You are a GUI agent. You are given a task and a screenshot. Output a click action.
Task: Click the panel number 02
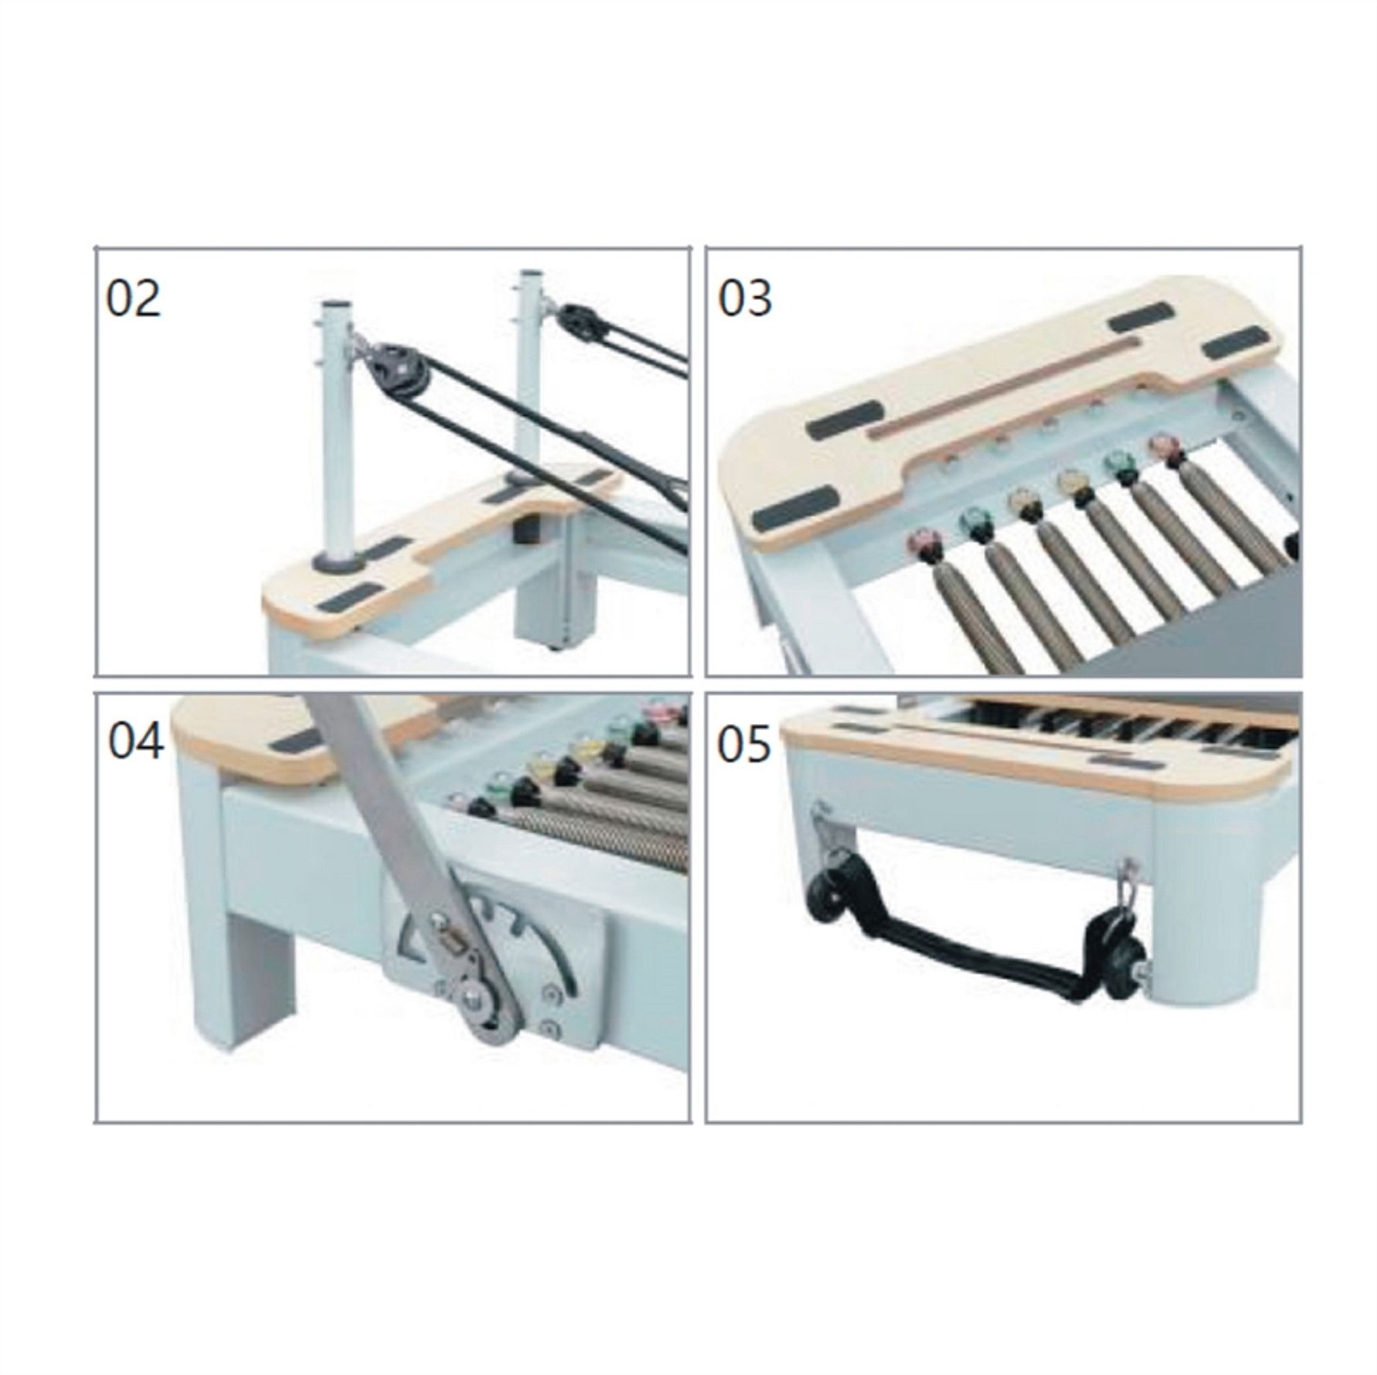(133, 299)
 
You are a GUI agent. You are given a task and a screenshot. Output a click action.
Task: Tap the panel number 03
(745, 299)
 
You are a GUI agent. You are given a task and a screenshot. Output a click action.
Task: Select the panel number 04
(135, 740)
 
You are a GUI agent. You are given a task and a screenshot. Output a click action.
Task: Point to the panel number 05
(745, 746)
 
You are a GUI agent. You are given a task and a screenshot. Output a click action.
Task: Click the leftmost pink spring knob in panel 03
(921, 542)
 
